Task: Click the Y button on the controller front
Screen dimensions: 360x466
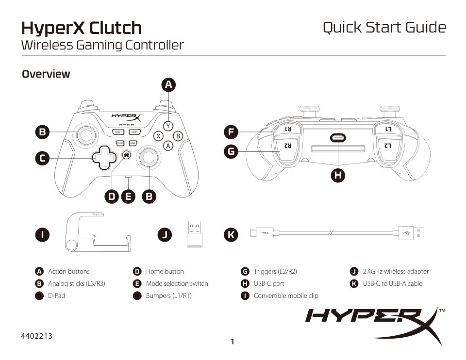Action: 168,126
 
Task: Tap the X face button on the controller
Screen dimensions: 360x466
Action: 158,136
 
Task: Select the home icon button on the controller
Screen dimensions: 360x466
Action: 126,155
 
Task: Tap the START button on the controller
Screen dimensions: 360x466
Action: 134,132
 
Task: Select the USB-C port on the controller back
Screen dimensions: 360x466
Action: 338,138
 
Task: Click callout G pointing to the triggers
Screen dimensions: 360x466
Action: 231,151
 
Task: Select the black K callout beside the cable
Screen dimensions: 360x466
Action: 231,235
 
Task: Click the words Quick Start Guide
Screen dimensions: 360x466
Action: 384,27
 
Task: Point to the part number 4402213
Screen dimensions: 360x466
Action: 37,336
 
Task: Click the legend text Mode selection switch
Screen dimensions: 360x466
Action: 177,283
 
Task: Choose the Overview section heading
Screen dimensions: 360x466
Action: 46,74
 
